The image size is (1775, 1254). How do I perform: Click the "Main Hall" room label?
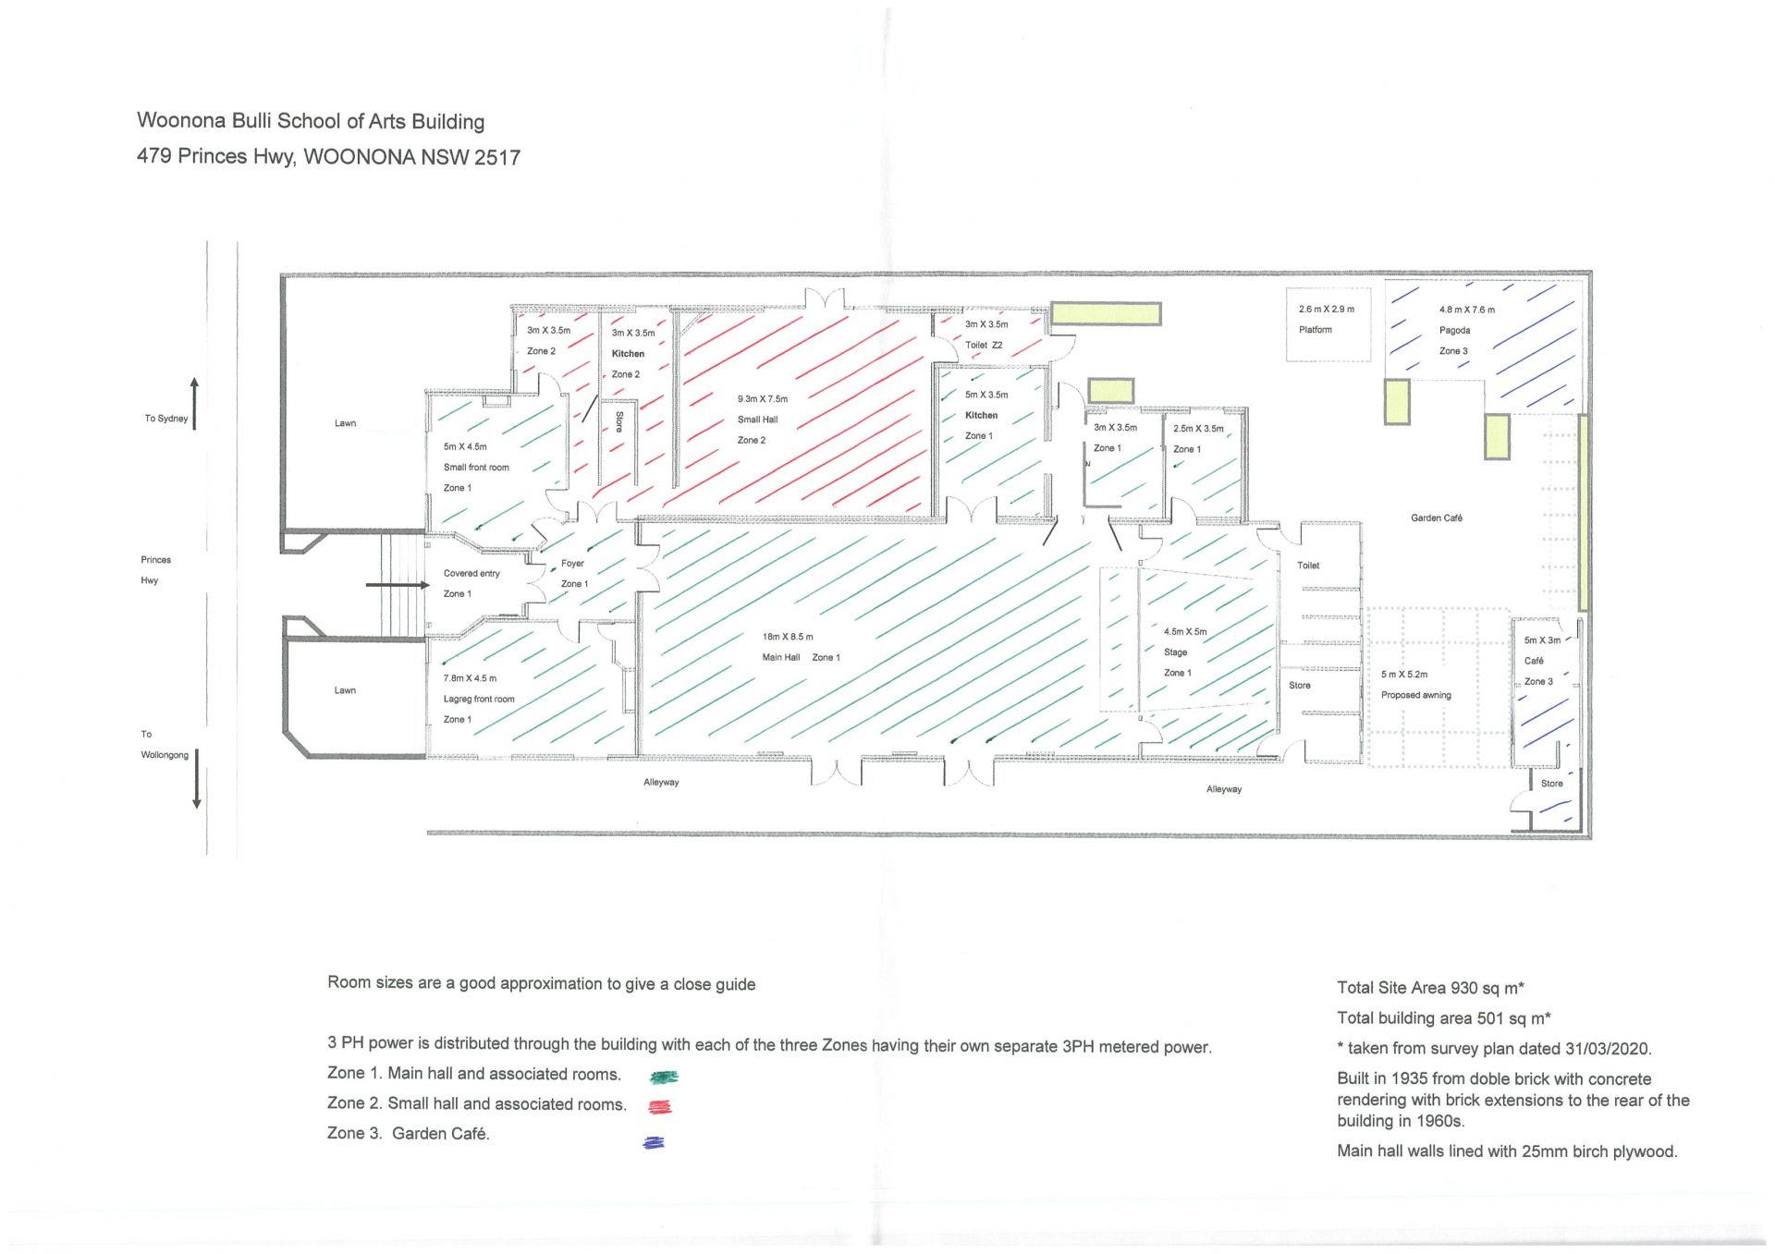pos(781,657)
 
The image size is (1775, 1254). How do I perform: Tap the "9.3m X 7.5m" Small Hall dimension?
pos(763,399)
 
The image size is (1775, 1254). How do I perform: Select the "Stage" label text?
pos(1175,652)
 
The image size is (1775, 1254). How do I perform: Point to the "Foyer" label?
pos(572,563)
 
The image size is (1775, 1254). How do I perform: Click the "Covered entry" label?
pos(471,574)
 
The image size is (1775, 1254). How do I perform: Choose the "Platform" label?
pos(1315,330)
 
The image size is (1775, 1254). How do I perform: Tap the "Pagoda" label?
pos(1454,331)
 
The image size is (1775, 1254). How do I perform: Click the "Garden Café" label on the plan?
pos(1437,518)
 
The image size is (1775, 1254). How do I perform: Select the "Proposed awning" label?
pos(1415,695)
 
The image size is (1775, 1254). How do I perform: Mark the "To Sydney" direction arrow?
pos(194,403)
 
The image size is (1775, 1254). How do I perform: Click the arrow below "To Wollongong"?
pos(196,779)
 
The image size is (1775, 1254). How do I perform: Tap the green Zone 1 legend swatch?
pos(664,1077)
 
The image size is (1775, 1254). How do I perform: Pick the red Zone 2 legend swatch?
pos(660,1107)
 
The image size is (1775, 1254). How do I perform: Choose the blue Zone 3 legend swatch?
pos(654,1143)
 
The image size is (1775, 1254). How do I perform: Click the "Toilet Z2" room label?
pos(984,346)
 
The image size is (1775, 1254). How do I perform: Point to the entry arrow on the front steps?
pos(398,585)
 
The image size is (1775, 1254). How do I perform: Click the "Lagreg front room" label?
pos(478,700)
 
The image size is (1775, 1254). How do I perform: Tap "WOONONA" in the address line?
pos(360,157)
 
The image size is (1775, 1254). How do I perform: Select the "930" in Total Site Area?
pos(1464,988)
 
